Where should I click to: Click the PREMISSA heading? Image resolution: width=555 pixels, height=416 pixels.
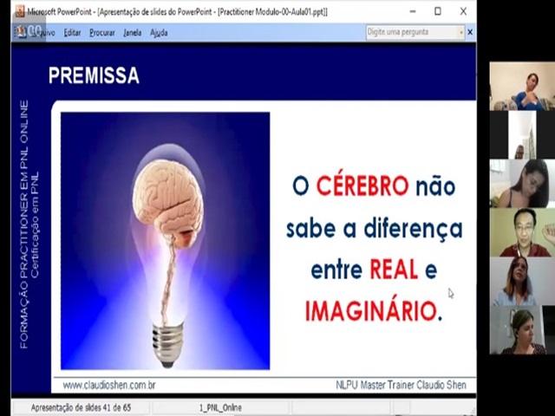click(x=94, y=76)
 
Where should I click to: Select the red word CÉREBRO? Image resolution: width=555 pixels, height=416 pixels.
click(x=362, y=186)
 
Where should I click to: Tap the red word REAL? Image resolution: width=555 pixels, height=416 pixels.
click(x=395, y=270)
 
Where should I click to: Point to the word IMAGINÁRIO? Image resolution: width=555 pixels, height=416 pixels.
click(x=370, y=311)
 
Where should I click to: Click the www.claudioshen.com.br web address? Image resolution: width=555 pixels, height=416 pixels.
click(x=109, y=385)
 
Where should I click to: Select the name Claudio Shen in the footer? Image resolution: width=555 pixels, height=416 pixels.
click(x=439, y=385)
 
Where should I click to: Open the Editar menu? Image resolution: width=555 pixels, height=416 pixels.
click(x=72, y=33)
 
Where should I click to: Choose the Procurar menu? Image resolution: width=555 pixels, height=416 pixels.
click(x=102, y=33)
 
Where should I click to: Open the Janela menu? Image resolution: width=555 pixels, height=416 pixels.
click(x=132, y=33)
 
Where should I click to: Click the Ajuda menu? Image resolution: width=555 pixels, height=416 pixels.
click(x=159, y=33)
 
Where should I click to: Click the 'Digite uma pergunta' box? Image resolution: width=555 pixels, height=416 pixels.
click(x=415, y=33)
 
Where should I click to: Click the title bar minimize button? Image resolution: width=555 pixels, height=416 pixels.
click(x=413, y=11)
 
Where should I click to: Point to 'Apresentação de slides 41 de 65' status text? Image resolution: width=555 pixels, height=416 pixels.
click(x=81, y=407)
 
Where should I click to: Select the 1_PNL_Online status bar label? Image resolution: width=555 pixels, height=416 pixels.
click(x=220, y=407)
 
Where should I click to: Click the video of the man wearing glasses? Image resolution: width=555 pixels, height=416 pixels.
click(x=521, y=232)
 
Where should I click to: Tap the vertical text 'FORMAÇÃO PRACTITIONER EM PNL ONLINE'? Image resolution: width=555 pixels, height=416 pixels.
click(x=23, y=224)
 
